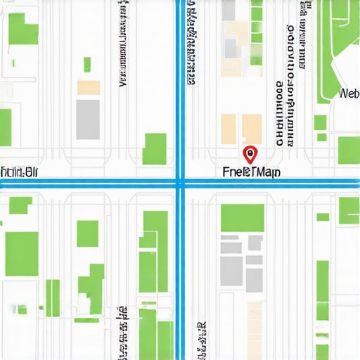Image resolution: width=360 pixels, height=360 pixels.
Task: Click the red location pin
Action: (x=250, y=153)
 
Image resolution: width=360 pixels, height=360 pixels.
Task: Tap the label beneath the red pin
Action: (x=250, y=172)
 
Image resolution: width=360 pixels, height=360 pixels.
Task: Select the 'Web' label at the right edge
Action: (x=349, y=94)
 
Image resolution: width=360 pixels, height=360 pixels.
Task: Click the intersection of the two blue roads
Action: (x=181, y=184)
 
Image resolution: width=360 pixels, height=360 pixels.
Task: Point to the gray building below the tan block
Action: (x=88, y=118)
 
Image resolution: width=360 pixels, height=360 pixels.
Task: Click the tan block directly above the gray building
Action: (x=89, y=87)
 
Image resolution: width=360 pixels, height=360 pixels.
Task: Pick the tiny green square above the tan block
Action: (x=87, y=64)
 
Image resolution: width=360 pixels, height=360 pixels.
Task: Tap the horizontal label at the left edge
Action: (x=20, y=171)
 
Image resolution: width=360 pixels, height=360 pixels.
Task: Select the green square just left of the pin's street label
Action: (x=155, y=148)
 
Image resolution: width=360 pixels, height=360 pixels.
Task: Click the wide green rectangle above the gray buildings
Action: (x=243, y=218)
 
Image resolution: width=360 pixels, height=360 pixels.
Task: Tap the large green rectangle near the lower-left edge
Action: (x=22, y=253)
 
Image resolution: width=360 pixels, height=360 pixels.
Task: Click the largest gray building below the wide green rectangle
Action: (x=231, y=268)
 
